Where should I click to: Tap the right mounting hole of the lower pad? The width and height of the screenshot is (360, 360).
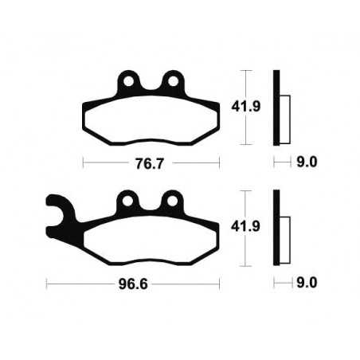[170, 198]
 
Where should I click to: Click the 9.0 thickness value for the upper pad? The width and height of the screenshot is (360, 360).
[306, 162]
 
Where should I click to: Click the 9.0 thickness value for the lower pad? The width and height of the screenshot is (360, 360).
[306, 282]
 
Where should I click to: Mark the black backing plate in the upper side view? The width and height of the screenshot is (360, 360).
[276, 108]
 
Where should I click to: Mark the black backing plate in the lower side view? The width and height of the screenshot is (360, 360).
[276, 229]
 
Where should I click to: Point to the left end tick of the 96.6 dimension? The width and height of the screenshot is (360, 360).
[46, 282]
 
